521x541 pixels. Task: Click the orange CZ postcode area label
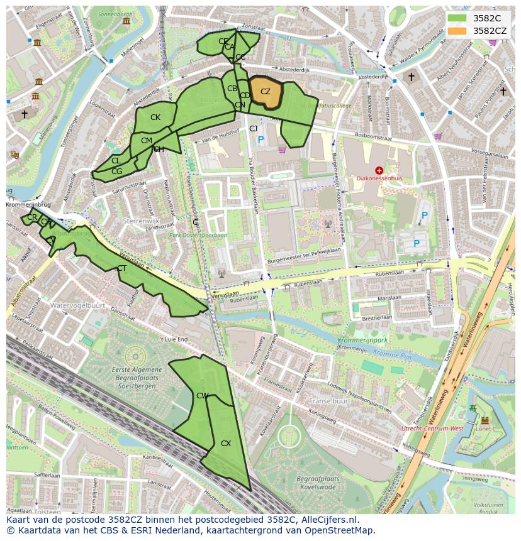pos(266,92)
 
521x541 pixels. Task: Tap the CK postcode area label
pos(155,117)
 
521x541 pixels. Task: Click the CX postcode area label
pos(226,444)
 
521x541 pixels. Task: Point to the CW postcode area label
pos(202,396)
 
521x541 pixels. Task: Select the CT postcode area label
pos(122,268)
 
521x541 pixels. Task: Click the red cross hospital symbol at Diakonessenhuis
pos(379,170)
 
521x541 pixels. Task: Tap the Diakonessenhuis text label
pos(379,179)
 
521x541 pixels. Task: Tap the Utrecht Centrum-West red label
pos(433,428)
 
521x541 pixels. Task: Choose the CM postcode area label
pos(147,141)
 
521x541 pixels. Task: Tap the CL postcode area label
pos(116,161)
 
